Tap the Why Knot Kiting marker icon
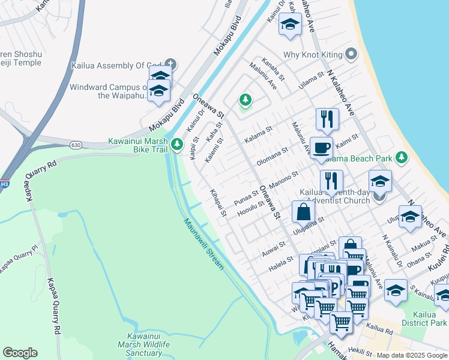[351, 55]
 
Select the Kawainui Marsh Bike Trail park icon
[176, 144]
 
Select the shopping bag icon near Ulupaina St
[304, 212]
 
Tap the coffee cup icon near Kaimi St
[322, 148]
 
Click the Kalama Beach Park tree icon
[401, 158]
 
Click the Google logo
[20, 353]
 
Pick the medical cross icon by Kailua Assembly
[170, 63]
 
